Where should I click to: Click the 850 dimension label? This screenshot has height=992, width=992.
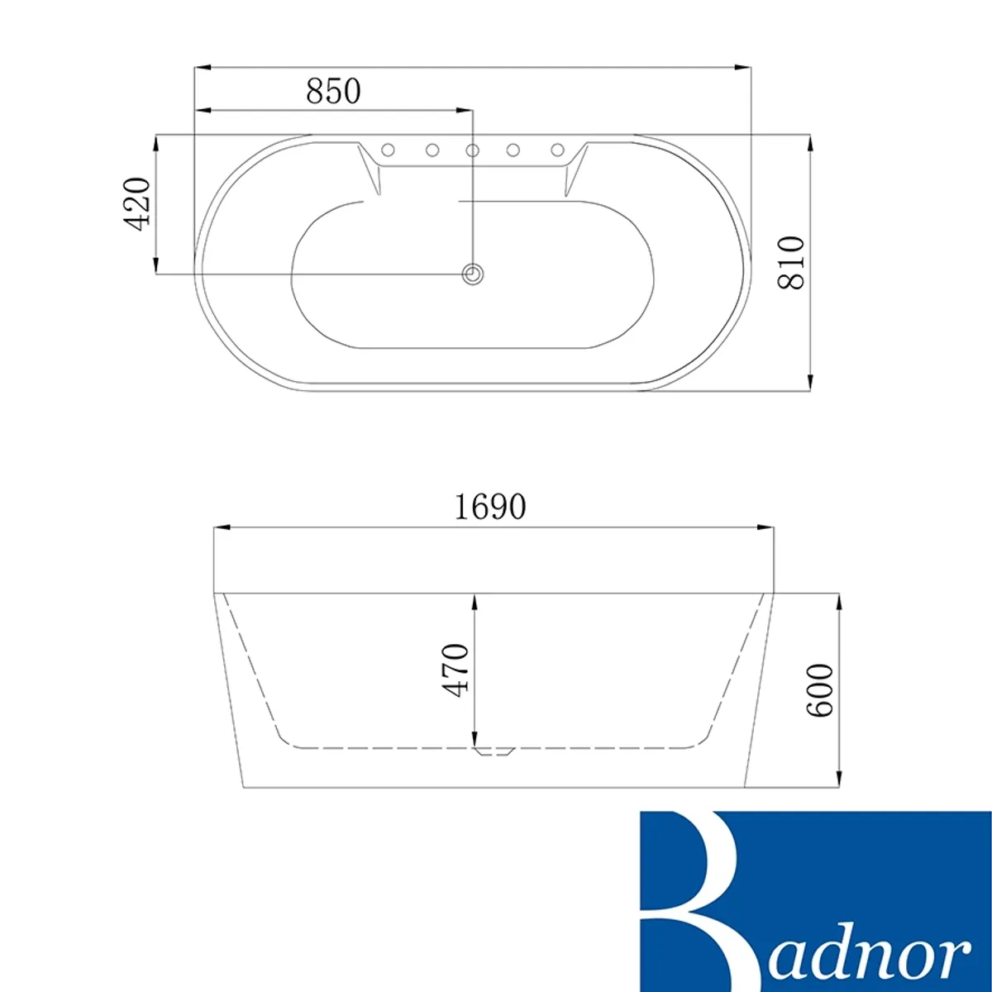coord(333,91)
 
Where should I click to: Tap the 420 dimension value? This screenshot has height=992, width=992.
coord(137,204)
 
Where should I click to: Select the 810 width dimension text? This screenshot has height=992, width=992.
coord(790,263)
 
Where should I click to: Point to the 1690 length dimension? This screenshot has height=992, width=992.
coord(490,507)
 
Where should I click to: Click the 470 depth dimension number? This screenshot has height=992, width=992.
coord(455,670)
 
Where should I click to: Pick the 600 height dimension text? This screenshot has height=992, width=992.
coord(819,690)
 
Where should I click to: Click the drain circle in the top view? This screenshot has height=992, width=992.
coord(472,274)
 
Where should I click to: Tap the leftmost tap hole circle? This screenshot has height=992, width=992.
coord(389,150)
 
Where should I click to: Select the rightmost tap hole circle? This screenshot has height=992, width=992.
coord(557,150)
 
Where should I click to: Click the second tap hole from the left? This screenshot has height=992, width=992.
coord(432,150)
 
